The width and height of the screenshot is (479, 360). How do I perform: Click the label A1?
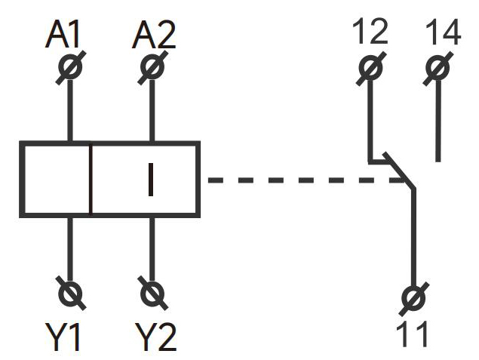point(68,35)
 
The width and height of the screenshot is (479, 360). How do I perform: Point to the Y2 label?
point(156,336)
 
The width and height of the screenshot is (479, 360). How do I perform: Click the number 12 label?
point(370,32)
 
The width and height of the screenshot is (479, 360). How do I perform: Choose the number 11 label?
point(412,332)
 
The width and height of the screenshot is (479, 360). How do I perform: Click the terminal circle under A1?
point(70,67)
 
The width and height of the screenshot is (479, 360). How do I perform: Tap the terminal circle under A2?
point(152,67)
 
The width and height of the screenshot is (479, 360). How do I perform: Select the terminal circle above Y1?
point(72,291)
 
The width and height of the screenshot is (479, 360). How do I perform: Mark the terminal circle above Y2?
point(152,291)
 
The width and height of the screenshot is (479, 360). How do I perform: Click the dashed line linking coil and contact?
point(302,180)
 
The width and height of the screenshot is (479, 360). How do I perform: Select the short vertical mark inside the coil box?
point(151,180)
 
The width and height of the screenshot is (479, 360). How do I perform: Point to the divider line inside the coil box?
point(91,180)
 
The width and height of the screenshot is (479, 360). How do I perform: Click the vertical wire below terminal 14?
point(438,121)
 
